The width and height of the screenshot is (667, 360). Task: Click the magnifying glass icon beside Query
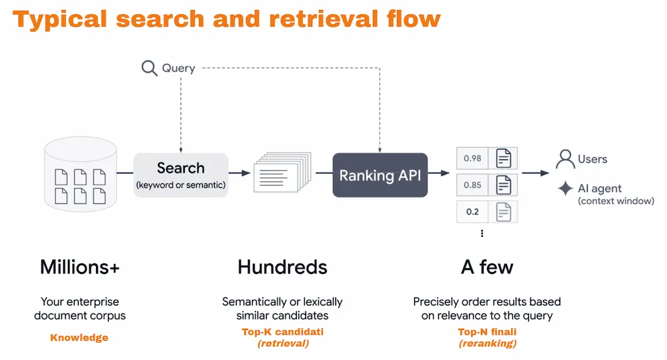point(149,68)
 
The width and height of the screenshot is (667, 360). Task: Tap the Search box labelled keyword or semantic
point(181,175)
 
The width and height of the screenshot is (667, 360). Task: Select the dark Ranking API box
point(380,175)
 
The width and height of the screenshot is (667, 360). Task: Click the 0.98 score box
point(472,159)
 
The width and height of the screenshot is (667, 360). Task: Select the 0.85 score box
point(472,185)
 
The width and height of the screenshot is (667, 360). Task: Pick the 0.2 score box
point(472,211)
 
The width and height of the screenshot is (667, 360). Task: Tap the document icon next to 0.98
point(504,159)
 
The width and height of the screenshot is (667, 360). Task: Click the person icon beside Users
point(566,159)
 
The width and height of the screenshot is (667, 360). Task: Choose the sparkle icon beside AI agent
point(566,189)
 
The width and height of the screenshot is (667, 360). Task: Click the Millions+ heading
point(80,267)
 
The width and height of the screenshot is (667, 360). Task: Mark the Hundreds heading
point(282,267)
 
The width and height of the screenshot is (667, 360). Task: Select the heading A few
point(487,267)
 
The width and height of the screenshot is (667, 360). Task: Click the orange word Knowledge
point(79,337)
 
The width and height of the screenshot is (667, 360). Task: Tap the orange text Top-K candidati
point(282,331)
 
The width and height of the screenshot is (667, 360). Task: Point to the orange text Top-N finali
point(488,331)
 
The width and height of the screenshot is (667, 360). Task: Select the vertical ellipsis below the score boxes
point(482,233)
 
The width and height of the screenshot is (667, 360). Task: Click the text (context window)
point(616,201)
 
